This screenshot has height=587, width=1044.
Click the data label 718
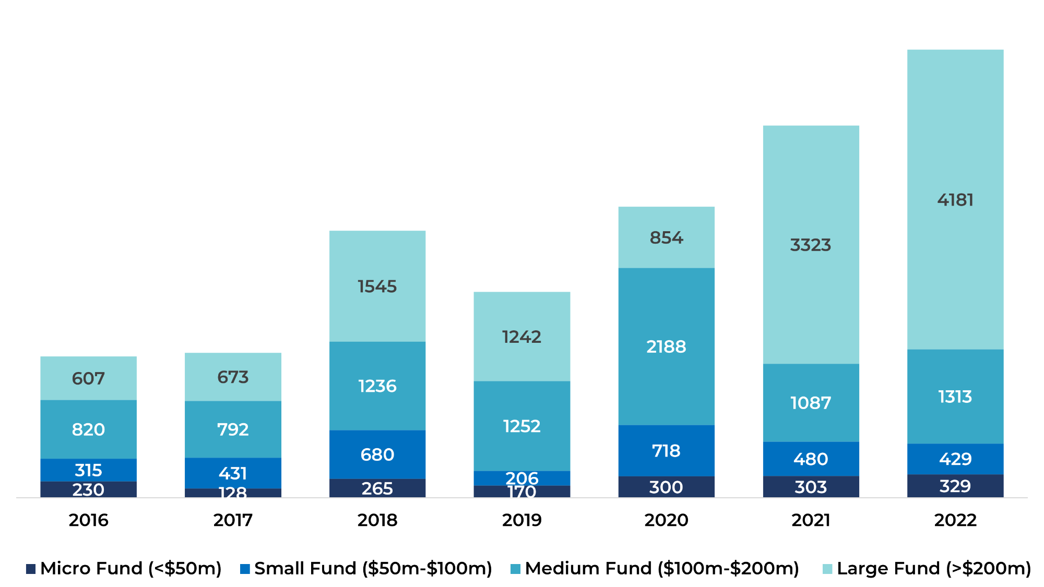666,451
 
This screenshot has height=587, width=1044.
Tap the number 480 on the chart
811,459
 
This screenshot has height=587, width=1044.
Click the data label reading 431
233,473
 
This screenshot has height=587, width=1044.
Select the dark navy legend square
31,569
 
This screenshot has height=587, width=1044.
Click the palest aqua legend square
827,569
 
